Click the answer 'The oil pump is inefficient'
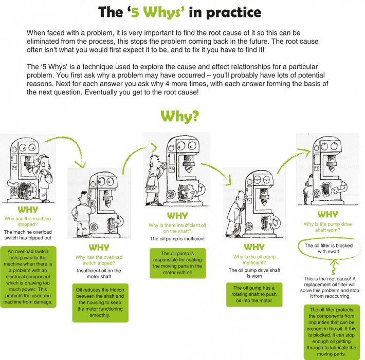pyautogui.click(x=177, y=239)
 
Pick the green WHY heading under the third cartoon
pyautogui.click(x=177, y=216)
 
